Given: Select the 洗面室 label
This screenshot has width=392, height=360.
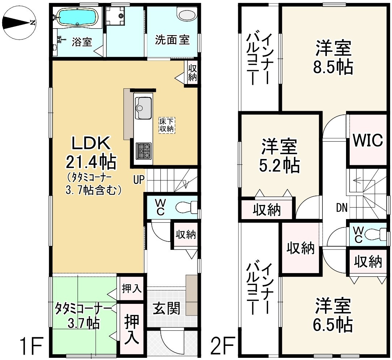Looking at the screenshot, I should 172,39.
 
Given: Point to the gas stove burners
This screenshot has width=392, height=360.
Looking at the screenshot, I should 144,151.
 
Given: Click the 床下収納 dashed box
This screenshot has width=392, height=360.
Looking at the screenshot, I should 167,125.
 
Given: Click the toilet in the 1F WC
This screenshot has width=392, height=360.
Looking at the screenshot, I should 185,208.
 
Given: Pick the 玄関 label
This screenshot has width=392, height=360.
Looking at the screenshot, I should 166,309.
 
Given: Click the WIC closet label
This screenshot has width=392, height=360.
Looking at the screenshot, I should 368,140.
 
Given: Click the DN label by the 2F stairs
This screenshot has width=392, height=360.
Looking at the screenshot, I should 342,208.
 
